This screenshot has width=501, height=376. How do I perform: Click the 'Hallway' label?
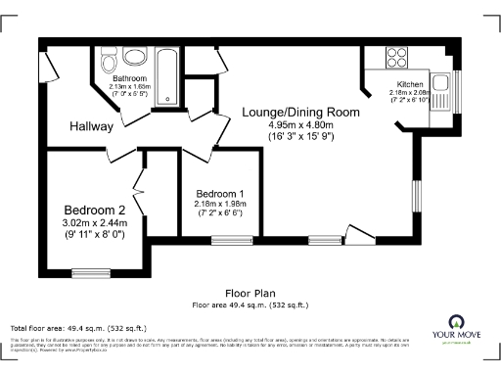click(91, 127)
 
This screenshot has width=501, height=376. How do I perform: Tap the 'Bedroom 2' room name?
click(95, 211)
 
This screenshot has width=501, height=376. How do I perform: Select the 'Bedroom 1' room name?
click(220, 193)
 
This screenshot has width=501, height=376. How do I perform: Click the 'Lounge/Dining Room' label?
click(300, 113)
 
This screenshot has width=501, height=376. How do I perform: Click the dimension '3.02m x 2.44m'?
click(96, 223)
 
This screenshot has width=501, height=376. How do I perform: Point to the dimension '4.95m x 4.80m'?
click(301, 125)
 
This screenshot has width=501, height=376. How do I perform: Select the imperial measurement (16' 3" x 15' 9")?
click(301, 137)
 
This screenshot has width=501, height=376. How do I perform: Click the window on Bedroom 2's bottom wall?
click(91, 272)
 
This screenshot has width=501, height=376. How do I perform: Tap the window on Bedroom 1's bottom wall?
click(228, 239)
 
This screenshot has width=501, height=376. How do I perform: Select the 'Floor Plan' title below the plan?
click(250, 293)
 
